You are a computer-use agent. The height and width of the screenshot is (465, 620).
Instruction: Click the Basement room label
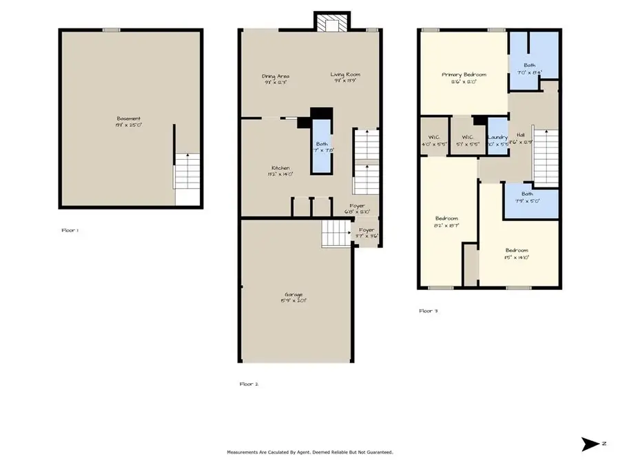[129, 118]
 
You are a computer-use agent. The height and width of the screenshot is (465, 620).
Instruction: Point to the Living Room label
[345, 75]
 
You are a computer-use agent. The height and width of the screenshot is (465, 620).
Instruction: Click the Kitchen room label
[280, 168]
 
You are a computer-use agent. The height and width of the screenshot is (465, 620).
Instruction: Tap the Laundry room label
[497, 138]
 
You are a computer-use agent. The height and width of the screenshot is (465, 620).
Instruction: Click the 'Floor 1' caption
[70, 230]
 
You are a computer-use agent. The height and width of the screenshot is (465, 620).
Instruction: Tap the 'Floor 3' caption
[428, 311]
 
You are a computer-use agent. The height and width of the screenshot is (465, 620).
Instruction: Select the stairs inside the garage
[332, 234]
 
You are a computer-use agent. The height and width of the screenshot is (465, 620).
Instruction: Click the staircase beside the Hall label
[546, 157]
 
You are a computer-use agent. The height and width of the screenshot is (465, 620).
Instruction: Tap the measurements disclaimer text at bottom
[310, 452]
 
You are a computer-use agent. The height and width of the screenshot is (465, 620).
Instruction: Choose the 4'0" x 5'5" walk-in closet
[434, 141]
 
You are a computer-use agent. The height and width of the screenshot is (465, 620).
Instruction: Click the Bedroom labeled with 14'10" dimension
[516, 254]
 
